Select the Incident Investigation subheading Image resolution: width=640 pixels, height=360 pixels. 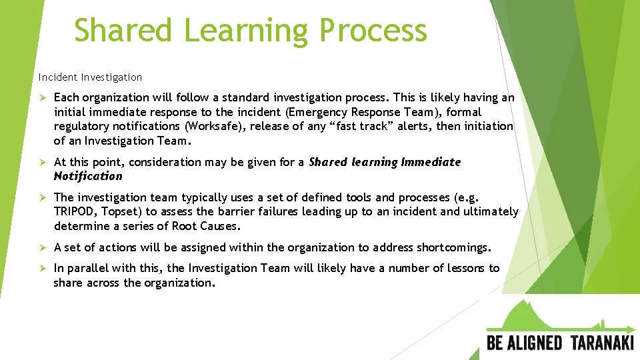pyautogui.click(x=90, y=77)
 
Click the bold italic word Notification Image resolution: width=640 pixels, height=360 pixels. pyautogui.click(x=88, y=176)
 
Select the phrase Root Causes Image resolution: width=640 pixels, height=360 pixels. pyautogui.click(x=205, y=226)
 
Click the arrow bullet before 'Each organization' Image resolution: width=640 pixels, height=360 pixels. pyautogui.click(x=42, y=97)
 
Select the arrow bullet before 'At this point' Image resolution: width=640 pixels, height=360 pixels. pyautogui.click(x=42, y=162)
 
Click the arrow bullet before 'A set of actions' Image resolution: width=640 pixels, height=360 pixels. pyautogui.click(x=42, y=247)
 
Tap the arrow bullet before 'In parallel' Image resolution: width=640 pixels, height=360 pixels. pyautogui.click(x=42, y=268)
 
